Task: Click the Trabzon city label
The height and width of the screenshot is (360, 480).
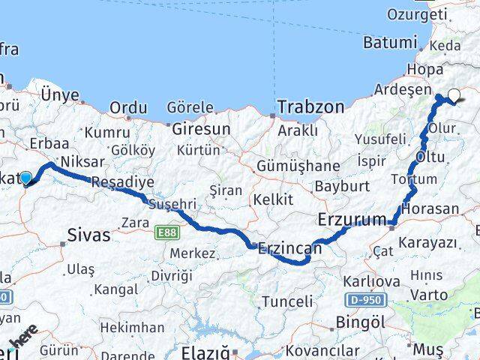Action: (310, 107)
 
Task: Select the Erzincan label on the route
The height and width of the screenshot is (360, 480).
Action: (289, 247)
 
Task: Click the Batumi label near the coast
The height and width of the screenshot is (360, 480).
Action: (389, 42)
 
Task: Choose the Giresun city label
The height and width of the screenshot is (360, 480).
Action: (201, 129)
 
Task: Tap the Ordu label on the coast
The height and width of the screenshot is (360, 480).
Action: (128, 108)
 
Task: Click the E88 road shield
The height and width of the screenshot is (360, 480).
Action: (166, 233)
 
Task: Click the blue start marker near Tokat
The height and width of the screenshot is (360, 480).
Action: (26, 178)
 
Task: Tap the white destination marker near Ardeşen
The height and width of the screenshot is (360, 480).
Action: (454, 94)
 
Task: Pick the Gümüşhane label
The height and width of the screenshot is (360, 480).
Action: (288, 165)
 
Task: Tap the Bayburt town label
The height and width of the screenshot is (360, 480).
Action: (339, 185)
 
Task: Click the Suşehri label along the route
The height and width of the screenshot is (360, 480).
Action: (172, 204)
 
